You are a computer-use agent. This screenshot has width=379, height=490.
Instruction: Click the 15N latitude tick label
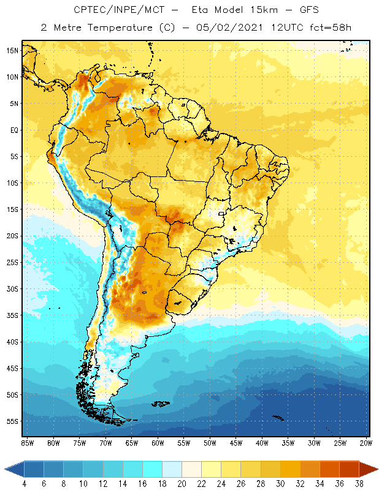(x=12, y=50)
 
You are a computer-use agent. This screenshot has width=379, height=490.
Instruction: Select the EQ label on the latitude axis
(x=13, y=130)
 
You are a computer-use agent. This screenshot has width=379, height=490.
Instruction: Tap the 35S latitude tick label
(x=12, y=315)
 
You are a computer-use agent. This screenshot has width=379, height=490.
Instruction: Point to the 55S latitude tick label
(x=12, y=421)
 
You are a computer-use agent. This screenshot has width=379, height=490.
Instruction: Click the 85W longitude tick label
(x=27, y=442)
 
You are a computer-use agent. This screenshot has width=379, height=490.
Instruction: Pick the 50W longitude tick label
(x=210, y=442)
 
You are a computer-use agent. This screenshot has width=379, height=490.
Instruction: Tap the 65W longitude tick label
(x=132, y=442)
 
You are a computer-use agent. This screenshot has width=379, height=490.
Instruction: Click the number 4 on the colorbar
(x=24, y=484)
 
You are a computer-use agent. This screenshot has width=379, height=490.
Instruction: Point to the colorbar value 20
(x=182, y=484)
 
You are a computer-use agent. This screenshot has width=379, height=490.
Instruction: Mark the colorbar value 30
(x=280, y=484)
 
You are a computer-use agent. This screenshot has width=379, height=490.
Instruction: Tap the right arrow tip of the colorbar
(x=375, y=469)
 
